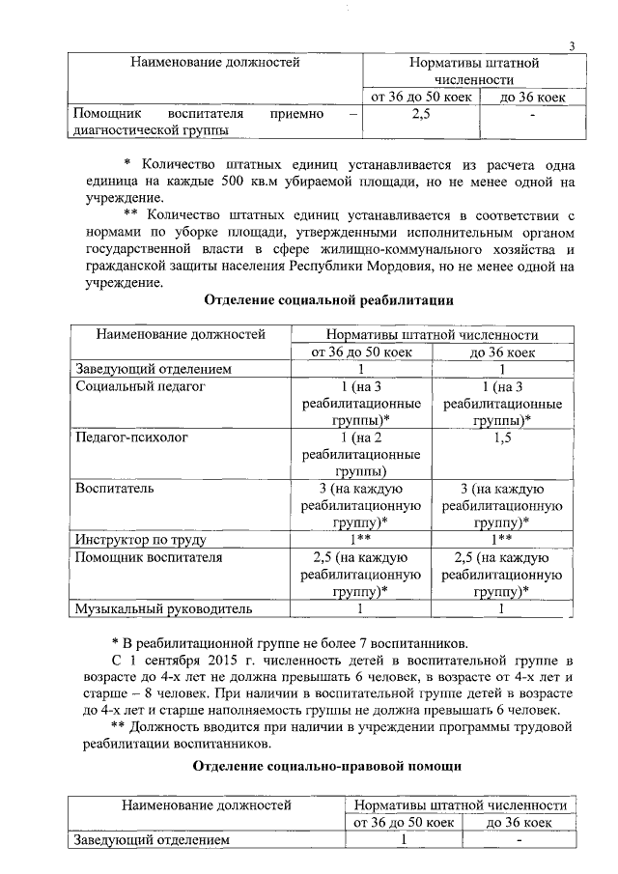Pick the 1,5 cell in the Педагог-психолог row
pos(502,437)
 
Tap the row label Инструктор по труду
pos(141,540)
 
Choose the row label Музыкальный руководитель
pos(163,608)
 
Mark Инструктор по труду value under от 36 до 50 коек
pos(359,540)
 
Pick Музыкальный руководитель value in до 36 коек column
pos(502,608)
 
